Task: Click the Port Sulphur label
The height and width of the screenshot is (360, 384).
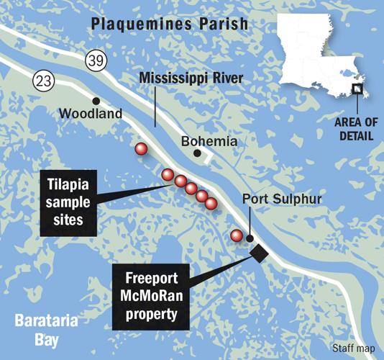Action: [x=274, y=199]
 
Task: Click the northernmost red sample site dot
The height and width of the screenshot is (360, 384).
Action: [x=141, y=149]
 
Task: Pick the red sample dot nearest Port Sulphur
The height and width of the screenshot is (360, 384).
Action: [x=236, y=235]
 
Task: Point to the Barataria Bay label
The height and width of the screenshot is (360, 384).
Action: [x=40, y=329]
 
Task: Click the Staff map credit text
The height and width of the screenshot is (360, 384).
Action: [x=352, y=349]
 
